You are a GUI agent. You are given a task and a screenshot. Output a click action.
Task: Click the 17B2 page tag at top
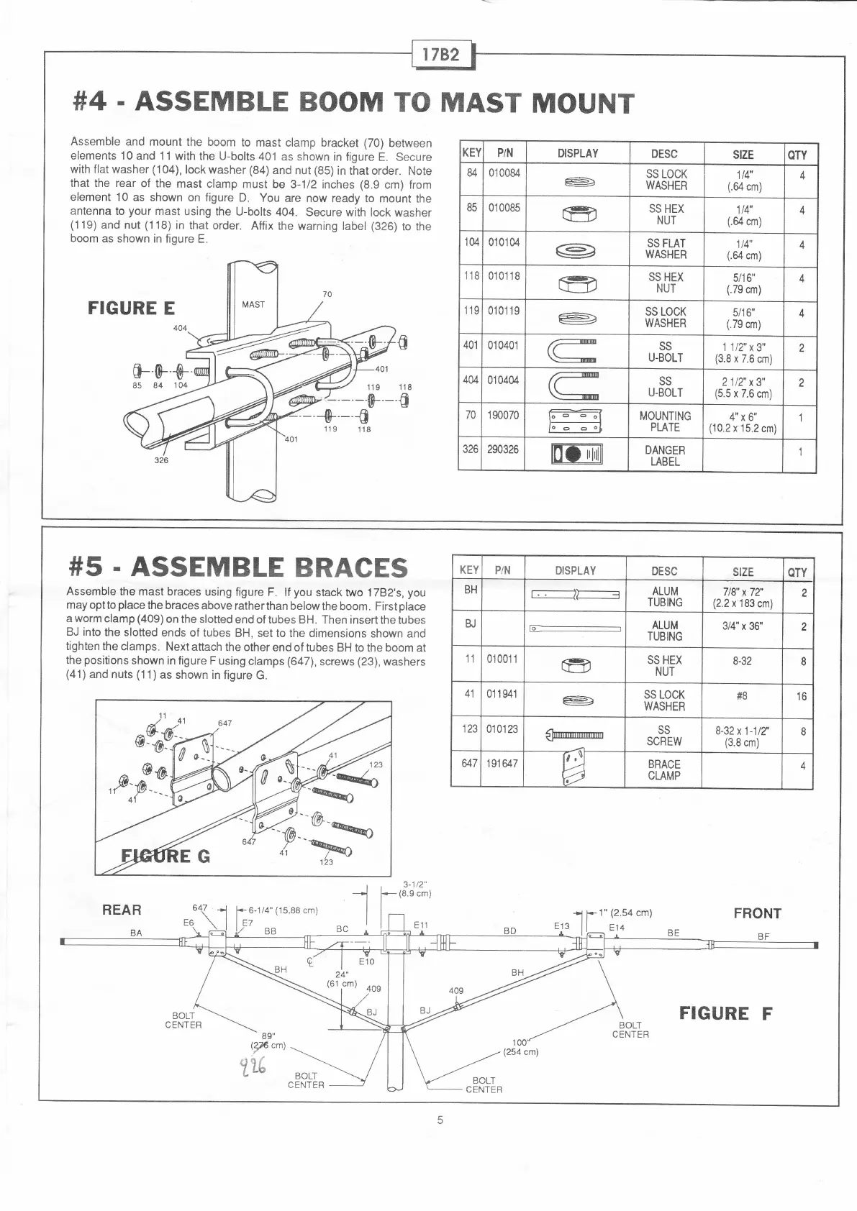click(x=441, y=54)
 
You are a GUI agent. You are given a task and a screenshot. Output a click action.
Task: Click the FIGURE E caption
click(x=131, y=309)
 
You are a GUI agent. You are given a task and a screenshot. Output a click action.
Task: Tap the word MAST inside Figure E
click(x=253, y=304)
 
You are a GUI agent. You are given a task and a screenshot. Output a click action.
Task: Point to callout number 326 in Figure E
click(x=161, y=460)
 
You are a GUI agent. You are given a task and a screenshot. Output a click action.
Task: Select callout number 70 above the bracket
click(x=327, y=294)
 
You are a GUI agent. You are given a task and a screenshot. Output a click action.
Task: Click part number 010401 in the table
click(x=504, y=345)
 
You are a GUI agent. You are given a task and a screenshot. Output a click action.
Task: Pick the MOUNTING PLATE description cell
click(x=665, y=421)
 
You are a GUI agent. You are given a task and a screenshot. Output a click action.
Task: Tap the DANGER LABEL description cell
click(x=665, y=456)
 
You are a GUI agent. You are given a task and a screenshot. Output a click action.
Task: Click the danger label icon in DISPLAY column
click(x=576, y=455)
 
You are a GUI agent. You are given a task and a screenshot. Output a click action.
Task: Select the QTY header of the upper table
click(x=797, y=155)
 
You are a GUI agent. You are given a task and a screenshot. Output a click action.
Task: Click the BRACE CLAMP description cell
click(x=663, y=769)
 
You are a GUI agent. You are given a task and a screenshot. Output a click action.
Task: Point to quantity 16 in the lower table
click(x=802, y=696)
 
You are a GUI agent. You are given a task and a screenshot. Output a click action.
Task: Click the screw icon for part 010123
click(x=574, y=734)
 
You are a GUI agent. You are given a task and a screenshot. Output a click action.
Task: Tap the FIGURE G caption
click(x=165, y=856)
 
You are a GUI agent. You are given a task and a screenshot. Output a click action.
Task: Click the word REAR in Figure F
click(x=122, y=910)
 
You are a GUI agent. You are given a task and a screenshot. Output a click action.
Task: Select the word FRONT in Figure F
click(x=757, y=913)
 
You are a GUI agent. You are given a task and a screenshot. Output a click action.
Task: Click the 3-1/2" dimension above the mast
click(x=414, y=885)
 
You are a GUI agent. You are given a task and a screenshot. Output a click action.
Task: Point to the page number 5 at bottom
click(x=440, y=1120)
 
